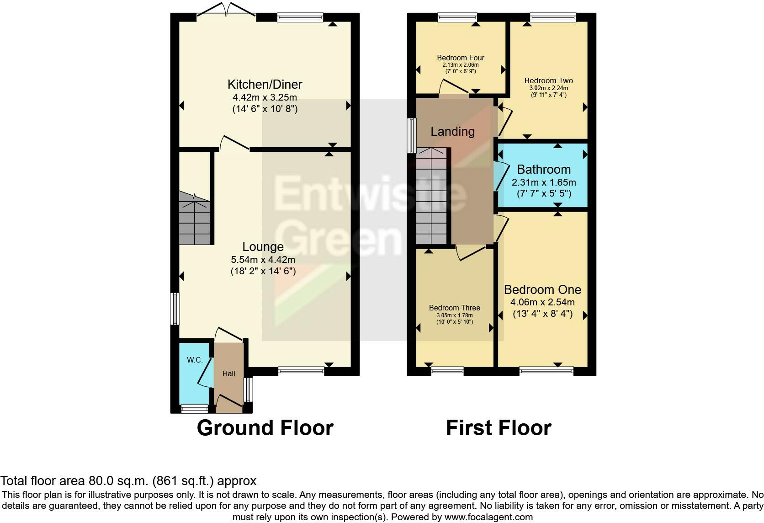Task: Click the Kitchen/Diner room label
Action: [x=265, y=85]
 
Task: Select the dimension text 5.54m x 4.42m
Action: [x=263, y=260]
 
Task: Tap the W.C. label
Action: [x=195, y=360]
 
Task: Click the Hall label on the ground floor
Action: [x=228, y=374]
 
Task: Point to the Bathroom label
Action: [x=544, y=170]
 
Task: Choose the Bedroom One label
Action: [x=542, y=290]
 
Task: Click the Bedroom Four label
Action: [x=461, y=58]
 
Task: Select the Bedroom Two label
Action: [x=548, y=81]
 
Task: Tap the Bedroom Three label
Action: [x=455, y=308]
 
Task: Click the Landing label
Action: [x=452, y=132]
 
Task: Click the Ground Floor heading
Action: [x=265, y=428]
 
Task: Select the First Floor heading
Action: [x=499, y=428]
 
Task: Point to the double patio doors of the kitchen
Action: [x=226, y=10]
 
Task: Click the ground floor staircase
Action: [x=195, y=222]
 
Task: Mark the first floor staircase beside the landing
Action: [x=431, y=197]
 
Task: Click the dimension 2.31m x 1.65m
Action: [x=544, y=182]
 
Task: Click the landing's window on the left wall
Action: [x=412, y=135]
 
